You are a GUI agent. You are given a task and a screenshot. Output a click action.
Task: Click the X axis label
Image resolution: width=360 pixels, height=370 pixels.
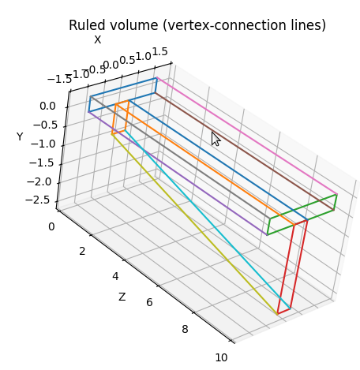point(98,40)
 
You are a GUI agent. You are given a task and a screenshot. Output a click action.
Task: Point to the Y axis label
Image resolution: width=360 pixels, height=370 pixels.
point(20,136)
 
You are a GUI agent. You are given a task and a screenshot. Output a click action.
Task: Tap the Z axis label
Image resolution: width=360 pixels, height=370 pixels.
point(122,297)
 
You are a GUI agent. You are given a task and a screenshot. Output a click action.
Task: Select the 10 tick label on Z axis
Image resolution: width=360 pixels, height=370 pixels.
point(221,357)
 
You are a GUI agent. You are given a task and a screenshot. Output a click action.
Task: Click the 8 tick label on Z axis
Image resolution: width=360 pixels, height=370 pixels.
point(185,329)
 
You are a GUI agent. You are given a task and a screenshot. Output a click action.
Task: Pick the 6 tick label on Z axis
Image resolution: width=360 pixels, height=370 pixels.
point(149,302)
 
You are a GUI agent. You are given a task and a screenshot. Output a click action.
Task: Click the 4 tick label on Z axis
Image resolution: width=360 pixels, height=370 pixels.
point(115,276)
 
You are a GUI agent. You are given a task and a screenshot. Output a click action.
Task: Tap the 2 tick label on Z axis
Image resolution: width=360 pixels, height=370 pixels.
point(82,252)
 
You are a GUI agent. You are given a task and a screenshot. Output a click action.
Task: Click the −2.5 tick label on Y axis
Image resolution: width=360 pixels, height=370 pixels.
point(37,200)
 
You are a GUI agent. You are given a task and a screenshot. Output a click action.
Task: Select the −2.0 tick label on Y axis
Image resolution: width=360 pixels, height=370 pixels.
point(39,181)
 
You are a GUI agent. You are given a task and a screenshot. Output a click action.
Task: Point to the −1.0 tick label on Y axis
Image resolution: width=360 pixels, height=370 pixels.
point(43,144)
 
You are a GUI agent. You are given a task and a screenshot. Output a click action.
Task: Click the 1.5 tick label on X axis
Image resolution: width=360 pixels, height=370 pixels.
point(159,52)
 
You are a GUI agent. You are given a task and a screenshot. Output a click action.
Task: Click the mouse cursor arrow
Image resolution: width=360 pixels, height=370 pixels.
point(216,139)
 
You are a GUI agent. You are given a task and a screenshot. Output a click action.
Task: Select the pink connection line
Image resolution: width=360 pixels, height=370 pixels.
point(247,136)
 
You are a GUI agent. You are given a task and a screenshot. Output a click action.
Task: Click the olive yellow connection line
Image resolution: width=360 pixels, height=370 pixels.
point(194,224)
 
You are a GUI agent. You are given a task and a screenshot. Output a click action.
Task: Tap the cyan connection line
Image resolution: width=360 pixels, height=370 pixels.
point(208,219)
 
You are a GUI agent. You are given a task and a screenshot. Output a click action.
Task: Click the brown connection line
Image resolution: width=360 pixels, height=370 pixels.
point(245,151)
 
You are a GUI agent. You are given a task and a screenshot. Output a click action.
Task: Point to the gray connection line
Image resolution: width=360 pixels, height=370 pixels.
point(180,158)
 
